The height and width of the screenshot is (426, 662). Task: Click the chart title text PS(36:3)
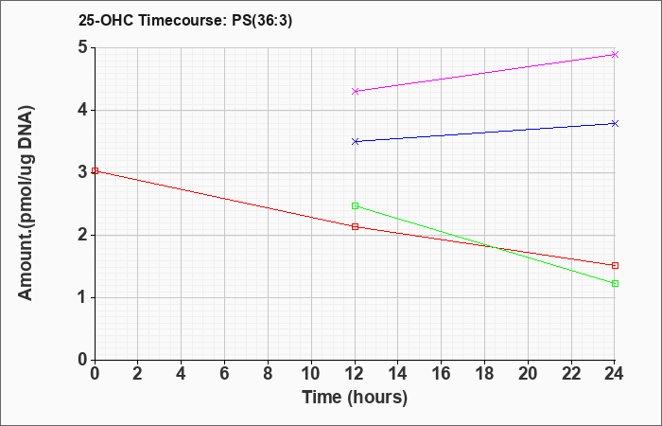[x=262, y=21]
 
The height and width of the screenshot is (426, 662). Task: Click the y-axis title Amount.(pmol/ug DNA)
[x=26, y=204]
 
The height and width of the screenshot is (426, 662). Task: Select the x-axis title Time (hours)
[x=355, y=398]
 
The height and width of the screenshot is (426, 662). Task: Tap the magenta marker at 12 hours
[x=355, y=91]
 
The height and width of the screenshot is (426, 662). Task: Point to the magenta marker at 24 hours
[x=615, y=54]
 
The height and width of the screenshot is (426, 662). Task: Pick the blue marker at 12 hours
[x=355, y=141]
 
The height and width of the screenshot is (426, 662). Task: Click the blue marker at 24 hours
[x=615, y=123]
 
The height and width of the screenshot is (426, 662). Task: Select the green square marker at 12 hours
[x=355, y=205]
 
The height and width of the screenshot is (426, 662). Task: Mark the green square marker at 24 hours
[x=615, y=284]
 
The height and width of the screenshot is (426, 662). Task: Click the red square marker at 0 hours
[x=95, y=170]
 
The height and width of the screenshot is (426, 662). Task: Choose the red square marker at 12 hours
[x=355, y=226]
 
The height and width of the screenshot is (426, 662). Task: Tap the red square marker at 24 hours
[x=615, y=265]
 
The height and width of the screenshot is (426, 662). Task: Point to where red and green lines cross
[x=494, y=247]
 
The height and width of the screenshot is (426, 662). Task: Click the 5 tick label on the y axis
[x=83, y=47]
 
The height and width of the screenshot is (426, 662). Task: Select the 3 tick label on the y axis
[x=83, y=172]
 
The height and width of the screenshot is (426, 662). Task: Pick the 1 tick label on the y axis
[x=83, y=297]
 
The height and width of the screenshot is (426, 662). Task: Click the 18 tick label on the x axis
[x=484, y=374]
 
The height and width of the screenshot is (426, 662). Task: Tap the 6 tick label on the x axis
[x=225, y=374]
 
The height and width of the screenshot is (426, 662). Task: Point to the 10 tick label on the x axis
[x=311, y=374]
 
